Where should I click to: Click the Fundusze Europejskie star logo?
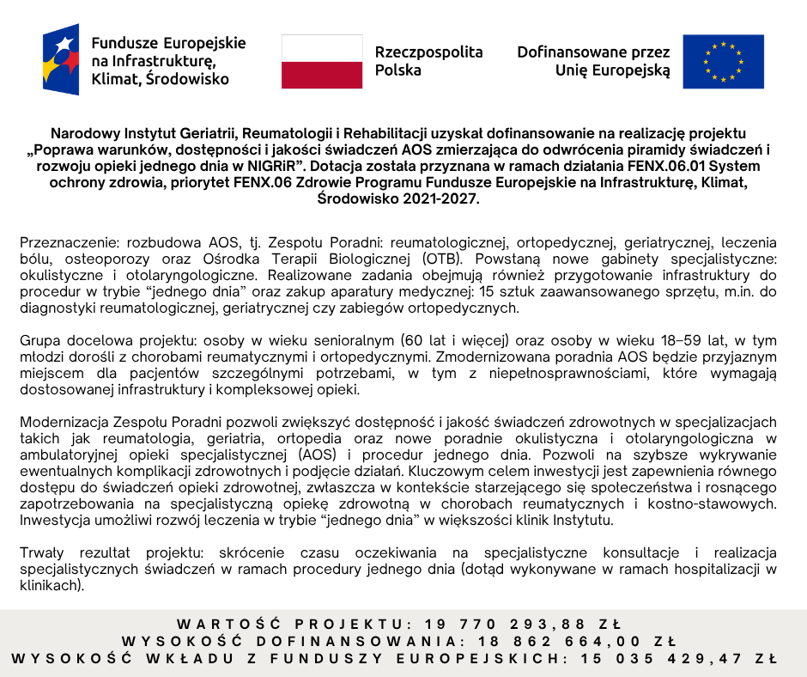pyautogui.click(x=60, y=60)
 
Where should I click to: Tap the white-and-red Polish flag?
pyautogui.click(x=322, y=61)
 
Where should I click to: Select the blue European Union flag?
pyautogui.click(x=723, y=61)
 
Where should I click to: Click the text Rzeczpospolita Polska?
pyautogui.click(x=428, y=61)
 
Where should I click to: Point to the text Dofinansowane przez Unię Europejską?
pyautogui.click(x=593, y=61)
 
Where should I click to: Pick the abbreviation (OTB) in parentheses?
pyautogui.click(x=442, y=259)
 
